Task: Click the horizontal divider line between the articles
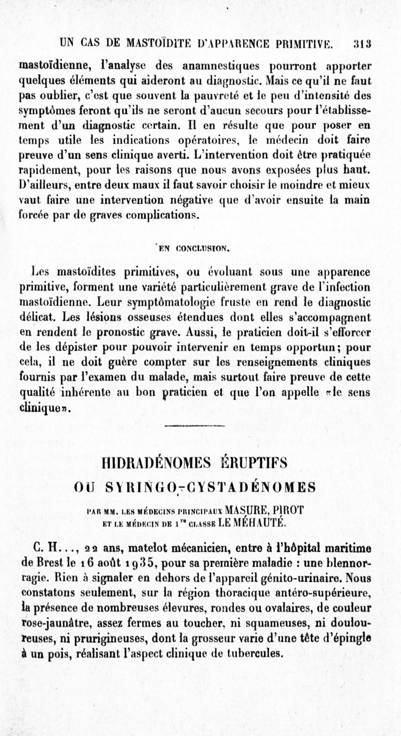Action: (201, 426)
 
